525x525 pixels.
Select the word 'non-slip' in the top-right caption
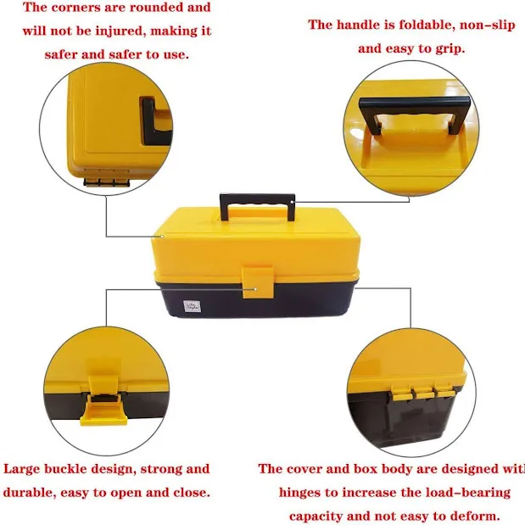(x=476, y=25)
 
